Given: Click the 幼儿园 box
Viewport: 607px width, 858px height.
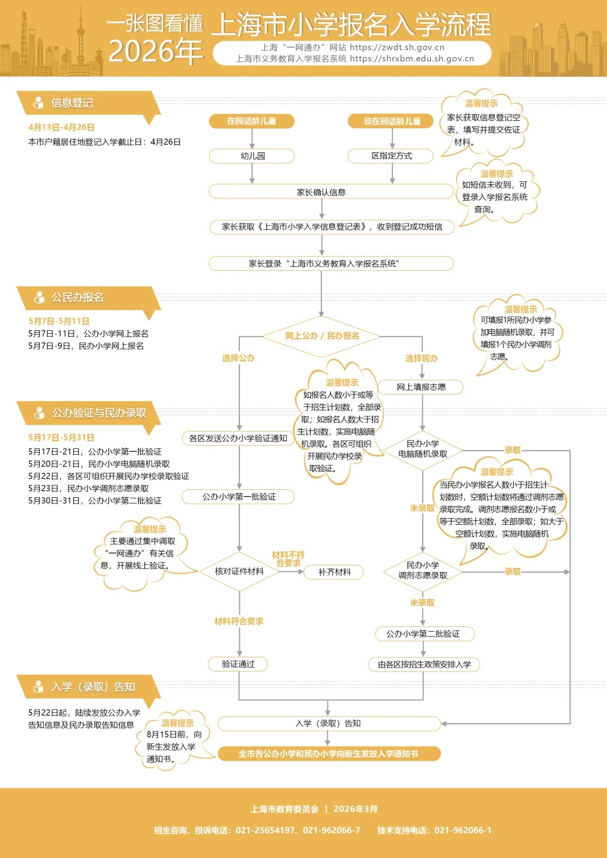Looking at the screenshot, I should click(x=252, y=156).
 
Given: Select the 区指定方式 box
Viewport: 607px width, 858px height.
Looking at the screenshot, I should click(x=391, y=156).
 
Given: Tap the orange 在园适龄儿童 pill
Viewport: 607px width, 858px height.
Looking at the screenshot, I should click(x=252, y=121).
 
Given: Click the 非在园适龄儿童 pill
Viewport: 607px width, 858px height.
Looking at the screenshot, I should click(x=391, y=121).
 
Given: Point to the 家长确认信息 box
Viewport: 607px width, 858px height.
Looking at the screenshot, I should click(x=321, y=192).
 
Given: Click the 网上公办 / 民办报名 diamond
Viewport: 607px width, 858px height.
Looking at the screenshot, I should click(x=321, y=336).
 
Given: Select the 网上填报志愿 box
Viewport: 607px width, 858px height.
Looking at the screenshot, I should click(x=421, y=387).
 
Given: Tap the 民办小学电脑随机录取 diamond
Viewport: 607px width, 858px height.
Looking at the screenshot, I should click(x=423, y=449).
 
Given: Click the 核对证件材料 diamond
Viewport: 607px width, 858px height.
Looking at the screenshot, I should click(x=239, y=571).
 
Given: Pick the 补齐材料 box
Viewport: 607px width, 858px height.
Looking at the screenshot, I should click(x=334, y=572).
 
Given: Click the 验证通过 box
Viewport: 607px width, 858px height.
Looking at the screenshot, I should click(x=238, y=664).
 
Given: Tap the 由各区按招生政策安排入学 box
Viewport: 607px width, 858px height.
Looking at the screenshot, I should click(x=424, y=665).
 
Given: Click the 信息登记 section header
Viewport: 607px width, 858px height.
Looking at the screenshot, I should click(x=72, y=103).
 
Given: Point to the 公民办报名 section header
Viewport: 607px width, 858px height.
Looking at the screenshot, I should click(x=78, y=298).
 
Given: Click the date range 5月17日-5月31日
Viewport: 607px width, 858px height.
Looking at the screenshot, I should click(x=61, y=438).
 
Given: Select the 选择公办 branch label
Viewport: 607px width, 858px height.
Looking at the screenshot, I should click(x=238, y=358).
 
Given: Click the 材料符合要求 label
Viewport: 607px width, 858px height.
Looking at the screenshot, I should click(x=238, y=621).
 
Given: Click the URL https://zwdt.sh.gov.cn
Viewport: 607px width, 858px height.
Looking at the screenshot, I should click(x=397, y=48).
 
